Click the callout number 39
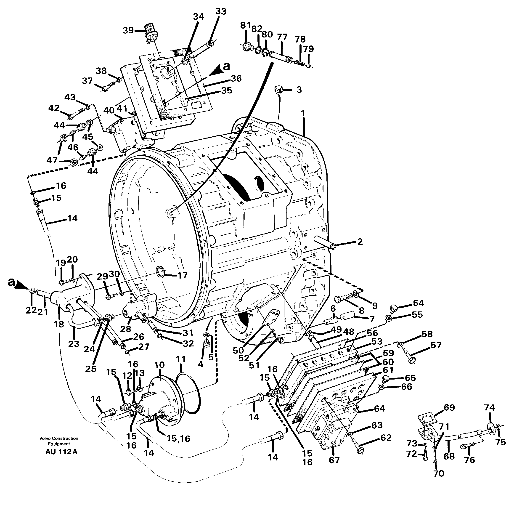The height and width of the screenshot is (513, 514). (x=128, y=30)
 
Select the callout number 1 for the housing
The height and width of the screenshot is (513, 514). (x=302, y=114)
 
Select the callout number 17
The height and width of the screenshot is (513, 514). (x=183, y=275)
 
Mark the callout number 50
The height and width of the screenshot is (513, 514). (x=238, y=351)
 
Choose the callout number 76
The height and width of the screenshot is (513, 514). (x=470, y=460)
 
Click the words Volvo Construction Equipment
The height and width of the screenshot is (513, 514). (x=59, y=441)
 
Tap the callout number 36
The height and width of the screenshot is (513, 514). (x=236, y=79)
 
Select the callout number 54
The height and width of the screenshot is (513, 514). (x=418, y=303)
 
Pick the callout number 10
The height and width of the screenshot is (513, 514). (x=160, y=365)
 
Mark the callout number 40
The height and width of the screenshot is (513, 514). (x=109, y=110)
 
